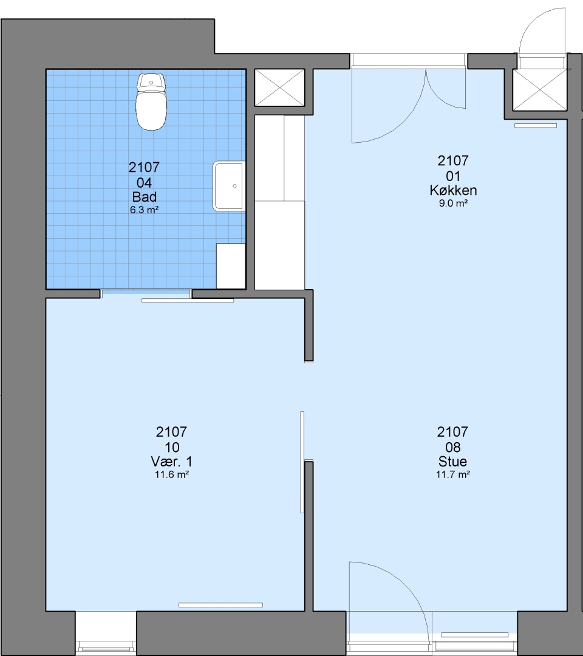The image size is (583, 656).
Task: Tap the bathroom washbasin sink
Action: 229,186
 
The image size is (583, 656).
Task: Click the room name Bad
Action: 145,197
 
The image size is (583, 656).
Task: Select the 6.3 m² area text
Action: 145,210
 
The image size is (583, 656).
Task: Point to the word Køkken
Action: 454,190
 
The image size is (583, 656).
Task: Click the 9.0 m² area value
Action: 454,203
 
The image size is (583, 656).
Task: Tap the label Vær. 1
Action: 171,462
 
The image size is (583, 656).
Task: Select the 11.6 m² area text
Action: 171,475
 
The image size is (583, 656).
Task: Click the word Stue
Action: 452,462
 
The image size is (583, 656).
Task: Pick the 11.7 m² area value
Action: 452,475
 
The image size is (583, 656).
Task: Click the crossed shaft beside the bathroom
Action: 280,87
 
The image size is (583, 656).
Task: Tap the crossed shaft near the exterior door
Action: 540,90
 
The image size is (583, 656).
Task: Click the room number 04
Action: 145,183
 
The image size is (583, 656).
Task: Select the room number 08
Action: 452,447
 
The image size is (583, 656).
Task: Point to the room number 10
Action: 172,447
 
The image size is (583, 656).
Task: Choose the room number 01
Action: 453,176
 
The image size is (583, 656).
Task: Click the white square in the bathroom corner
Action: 231,266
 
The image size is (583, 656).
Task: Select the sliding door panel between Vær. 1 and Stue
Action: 302,462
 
